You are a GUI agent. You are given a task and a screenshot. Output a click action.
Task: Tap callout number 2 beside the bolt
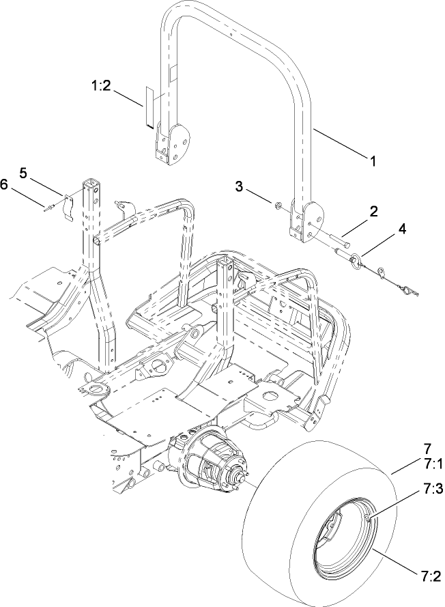point(373,213)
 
